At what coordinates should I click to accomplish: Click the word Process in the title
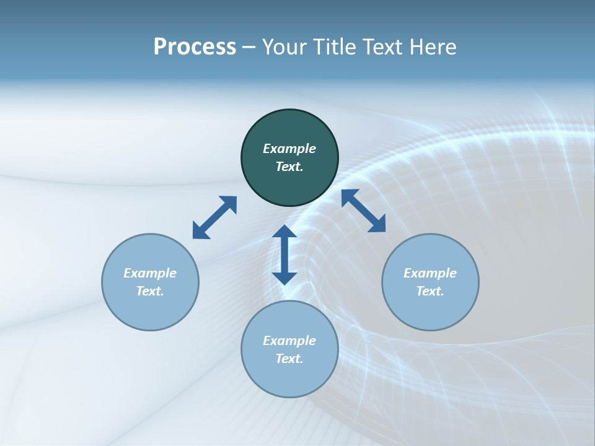(x=195, y=47)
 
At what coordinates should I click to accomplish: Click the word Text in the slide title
(x=384, y=47)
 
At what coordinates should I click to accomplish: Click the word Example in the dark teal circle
(x=289, y=149)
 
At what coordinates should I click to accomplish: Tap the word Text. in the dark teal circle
(x=289, y=167)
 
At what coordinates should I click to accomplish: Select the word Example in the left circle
(x=150, y=273)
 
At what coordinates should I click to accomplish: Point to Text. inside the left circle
(x=150, y=291)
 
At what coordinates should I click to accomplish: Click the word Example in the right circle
(x=430, y=273)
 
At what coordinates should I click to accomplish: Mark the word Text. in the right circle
(x=430, y=291)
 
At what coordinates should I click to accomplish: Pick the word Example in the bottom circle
(x=289, y=341)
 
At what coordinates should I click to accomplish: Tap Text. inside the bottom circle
(x=289, y=359)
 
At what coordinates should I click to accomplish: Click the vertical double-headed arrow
(x=284, y=255)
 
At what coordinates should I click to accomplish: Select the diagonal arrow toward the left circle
(x=214, y=217)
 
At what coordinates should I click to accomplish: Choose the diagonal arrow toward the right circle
(x=364, y=211)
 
